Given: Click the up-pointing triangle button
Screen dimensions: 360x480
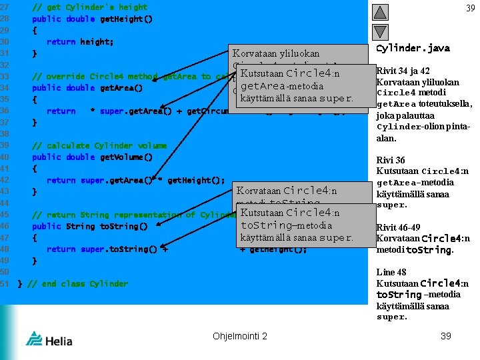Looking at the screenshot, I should pyautogui.click(x=379, y=11).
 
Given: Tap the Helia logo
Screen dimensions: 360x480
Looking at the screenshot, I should pyautogui.click(x=44, y=339).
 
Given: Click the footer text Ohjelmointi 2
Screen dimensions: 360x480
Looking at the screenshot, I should pyautogui.click(x=239, y=336).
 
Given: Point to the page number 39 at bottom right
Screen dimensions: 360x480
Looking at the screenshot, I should pyautogui.click(x=446, y=336).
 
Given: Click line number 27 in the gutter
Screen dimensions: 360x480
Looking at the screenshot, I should pyautogui.click(x=5, y=7).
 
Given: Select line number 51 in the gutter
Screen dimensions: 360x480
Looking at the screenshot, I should pyautogui.click(x=5, y=283).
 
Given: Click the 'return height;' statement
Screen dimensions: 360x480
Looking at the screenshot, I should pyautogui.click(x=80, y=41).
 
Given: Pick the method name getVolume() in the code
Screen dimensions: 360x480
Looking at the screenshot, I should pyautogui.click(x=126, y=157).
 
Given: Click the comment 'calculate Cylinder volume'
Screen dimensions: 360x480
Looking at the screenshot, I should pyautogui.click(x=100, y=145).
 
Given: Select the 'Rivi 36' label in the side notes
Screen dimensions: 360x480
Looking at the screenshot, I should pyautogui.click(x=391, y=160).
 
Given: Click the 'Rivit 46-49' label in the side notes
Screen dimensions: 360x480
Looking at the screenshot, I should pyautogui.click(x=398, y=227).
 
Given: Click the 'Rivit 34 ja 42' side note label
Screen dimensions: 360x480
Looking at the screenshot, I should pyautogui.click(x=403, y=71).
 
